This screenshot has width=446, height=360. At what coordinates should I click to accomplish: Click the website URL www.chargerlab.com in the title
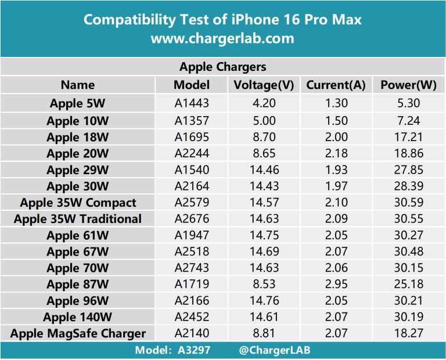coord(222,39)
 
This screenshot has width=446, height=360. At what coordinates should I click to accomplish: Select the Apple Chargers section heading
coord(222,67)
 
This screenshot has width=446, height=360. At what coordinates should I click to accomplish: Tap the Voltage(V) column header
coord(264,85)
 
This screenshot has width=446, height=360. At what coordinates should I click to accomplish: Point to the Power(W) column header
coord(408,85)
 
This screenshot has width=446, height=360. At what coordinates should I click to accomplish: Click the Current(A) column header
coord(336,85)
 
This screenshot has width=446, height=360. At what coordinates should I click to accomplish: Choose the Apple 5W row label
coord(77,104)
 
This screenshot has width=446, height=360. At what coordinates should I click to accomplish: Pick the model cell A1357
coord(191,121)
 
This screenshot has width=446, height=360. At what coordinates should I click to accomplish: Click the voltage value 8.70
coord(264,137)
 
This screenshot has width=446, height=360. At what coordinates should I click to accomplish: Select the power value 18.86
coord(408,153)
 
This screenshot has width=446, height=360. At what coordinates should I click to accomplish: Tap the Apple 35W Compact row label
coord(78,203)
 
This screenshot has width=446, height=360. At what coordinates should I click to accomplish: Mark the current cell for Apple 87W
coord(336,285)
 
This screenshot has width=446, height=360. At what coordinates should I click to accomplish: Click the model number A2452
coord(191,317)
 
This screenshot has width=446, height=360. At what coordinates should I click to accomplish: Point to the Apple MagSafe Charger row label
coord(78,333)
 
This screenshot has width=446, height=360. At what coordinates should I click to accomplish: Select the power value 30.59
coord(408,203)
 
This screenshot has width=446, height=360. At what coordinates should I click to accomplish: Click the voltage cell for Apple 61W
coord(264,235)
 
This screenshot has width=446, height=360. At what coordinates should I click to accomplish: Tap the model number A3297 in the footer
coord(195,350)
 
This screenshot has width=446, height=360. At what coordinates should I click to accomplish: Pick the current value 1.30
coord(336,104)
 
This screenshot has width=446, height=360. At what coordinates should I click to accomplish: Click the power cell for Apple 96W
coord(408,301)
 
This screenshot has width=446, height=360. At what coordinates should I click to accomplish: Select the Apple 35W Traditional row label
coord(78,219)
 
